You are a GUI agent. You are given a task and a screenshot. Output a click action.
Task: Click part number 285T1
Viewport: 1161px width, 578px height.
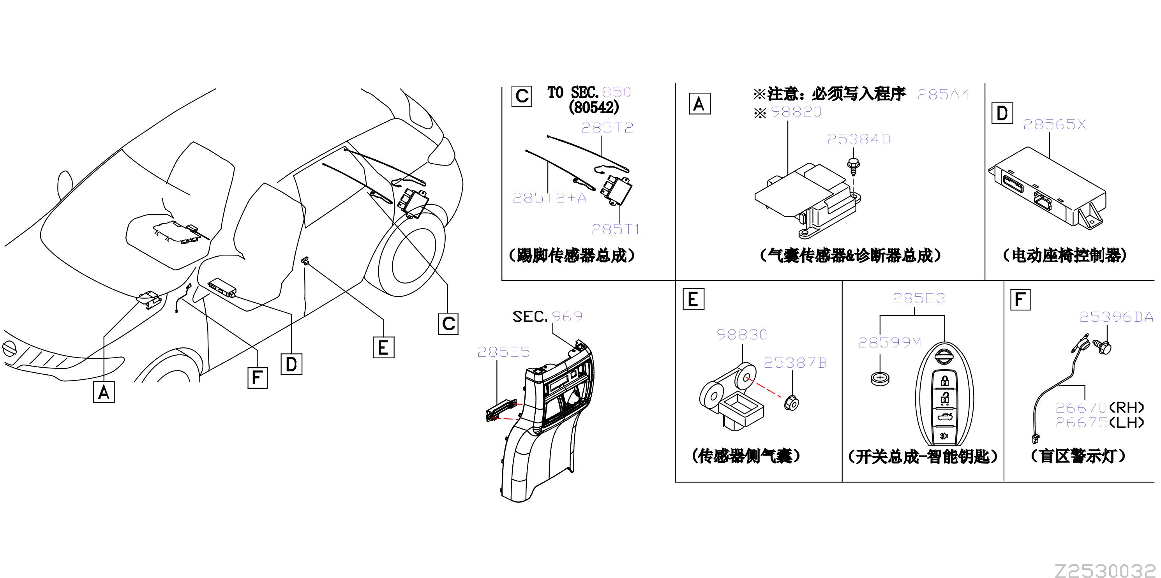[616, 229]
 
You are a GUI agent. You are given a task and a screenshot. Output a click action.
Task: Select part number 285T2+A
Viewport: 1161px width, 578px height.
[549, 198]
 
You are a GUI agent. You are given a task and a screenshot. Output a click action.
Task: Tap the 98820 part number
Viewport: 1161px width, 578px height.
[796, 112]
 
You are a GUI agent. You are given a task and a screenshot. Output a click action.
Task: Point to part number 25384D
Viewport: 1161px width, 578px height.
[859, 139]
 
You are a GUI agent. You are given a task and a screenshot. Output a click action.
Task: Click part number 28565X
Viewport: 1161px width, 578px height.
[1054, 124]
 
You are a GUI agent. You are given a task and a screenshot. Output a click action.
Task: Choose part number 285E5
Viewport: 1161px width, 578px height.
[503, 352]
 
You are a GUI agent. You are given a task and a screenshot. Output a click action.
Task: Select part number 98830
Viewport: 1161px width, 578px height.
[742, 335]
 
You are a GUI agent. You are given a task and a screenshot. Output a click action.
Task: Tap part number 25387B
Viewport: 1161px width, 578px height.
[795, 363]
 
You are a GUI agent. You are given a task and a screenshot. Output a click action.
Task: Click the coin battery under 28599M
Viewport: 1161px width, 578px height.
[880, 379]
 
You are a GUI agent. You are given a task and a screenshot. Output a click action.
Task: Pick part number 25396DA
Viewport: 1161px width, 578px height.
[1116, 317]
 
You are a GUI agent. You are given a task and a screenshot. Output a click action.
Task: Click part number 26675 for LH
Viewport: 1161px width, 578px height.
[1081, 423]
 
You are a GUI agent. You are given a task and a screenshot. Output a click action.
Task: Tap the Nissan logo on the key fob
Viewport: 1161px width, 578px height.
[943, 356]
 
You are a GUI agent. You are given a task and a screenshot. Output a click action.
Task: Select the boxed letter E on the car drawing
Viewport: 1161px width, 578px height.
[383, 347]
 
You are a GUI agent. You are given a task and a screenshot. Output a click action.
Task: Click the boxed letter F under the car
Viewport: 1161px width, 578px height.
[258, 377]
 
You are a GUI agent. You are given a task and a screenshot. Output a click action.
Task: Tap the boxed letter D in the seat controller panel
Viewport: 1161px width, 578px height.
[1002, 113]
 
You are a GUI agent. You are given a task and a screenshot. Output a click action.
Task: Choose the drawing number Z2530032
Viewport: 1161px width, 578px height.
[1106, 571]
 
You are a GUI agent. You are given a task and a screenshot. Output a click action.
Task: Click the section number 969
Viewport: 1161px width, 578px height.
[567, 316]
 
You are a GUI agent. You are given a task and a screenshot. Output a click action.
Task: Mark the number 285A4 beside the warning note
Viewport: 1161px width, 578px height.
[943, 94]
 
